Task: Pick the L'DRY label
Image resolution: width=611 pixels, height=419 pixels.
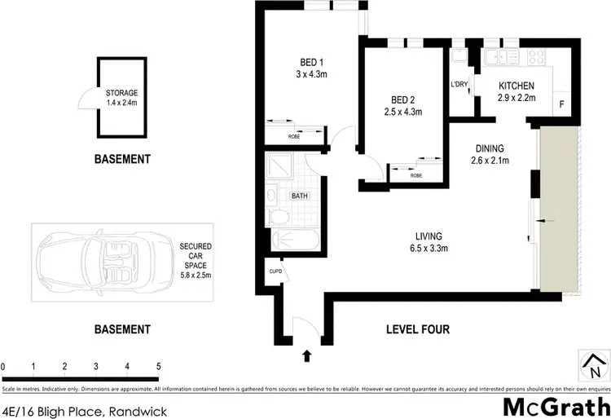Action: [x=458, y=85]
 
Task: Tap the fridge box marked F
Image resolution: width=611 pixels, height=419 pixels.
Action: [x=561, y=104]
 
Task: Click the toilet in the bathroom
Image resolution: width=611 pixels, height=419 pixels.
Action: [x=277, y=216]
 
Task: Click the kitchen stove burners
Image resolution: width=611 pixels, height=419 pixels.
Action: [x=537, y=57]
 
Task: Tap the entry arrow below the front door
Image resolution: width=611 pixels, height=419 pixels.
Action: [x=307, y=355]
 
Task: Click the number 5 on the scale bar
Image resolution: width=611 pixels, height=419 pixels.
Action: [x=158, y=367]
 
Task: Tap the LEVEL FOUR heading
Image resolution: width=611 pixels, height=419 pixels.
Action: [x=416, y=329]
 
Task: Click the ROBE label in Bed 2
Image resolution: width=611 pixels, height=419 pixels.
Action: [x=416, y=174]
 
